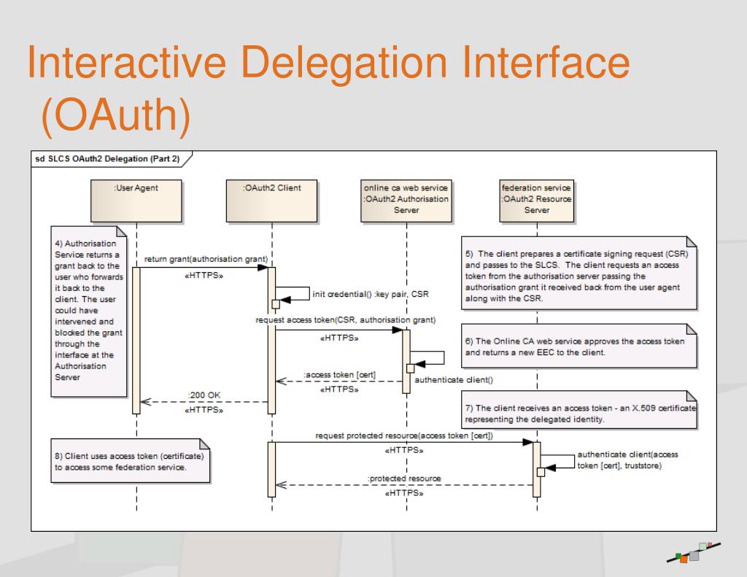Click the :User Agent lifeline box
136,199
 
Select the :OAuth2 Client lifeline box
271,199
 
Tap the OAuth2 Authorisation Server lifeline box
406,199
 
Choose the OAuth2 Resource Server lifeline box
537,199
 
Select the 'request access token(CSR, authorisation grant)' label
345,320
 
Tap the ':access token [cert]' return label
340,375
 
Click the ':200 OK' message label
205,395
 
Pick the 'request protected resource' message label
404,435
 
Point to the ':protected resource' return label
404,478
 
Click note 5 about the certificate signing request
579,271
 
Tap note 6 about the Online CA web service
579,346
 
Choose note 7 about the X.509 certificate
579,413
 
